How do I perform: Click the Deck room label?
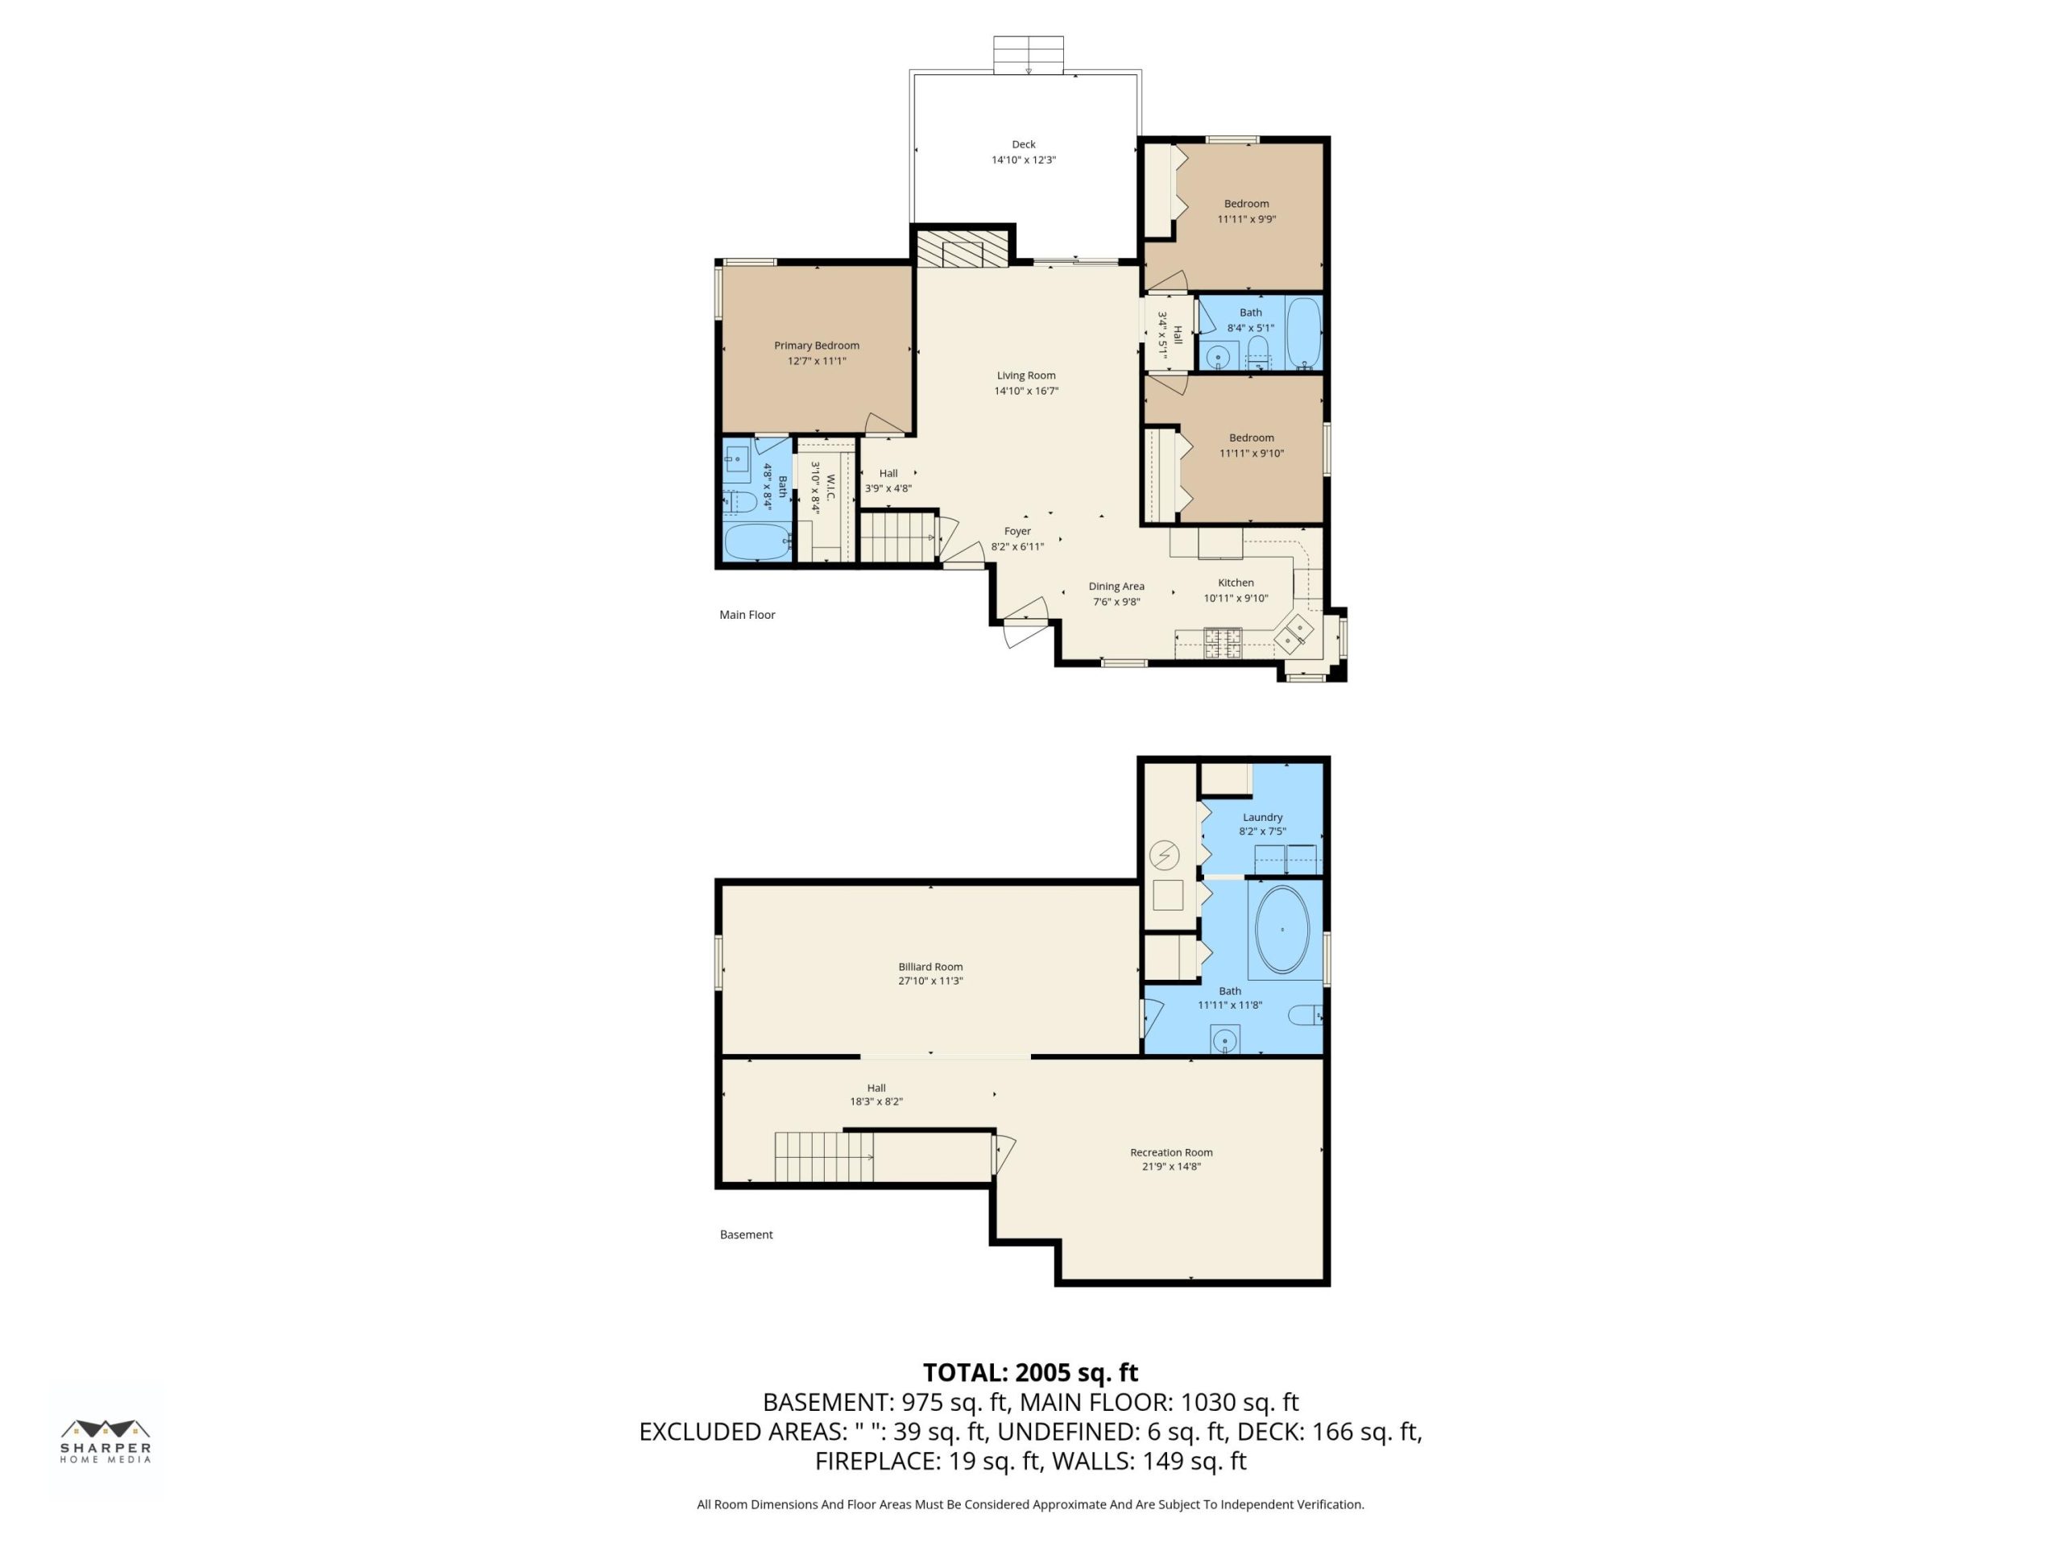[x=1024, y=144]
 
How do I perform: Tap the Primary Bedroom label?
[x=817, y=346]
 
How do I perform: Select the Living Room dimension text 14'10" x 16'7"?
[x=1026, y=391]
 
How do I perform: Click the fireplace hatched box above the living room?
[x=962, y=250]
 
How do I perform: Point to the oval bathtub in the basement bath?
[x=1282, y=930]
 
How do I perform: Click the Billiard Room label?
[x=930, y=967]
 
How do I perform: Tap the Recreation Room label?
[x=1171, y=1152]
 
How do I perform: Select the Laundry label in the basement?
[x=1262, y=817]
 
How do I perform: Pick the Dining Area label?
[x=1116, y=587]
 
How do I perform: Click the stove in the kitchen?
[x=1223, y=644]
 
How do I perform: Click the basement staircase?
[x=824, y=1157]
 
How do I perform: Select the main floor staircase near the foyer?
[x=896, y=537]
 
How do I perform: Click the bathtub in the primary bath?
[x=757, y=541]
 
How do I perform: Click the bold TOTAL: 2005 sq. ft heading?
[x=1030, y=1373]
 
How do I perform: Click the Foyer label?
[x=1017, y=532]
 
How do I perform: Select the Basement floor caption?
[x=746, y=1234]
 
